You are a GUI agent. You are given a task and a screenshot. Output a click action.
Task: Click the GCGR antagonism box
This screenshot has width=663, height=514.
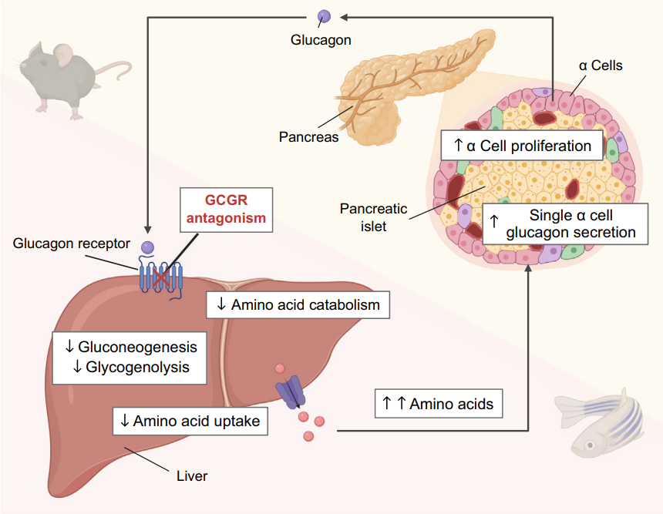tap(226, 208)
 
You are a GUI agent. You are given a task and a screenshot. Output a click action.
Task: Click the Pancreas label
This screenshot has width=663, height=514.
tap(308, 137)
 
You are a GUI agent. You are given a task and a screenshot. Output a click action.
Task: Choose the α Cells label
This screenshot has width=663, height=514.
tap(601, 66)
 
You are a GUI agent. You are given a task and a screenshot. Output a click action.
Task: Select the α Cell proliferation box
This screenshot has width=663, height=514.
tap(522, 146)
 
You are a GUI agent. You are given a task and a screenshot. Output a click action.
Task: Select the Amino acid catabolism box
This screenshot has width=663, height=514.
tap(298, 304)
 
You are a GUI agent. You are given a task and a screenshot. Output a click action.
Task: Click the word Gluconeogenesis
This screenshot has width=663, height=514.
tap(137, 348)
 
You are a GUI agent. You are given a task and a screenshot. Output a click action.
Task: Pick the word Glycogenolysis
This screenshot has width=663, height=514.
tap(137, 367)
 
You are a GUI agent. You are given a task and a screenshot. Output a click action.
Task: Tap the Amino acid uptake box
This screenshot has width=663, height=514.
tap(190, 421)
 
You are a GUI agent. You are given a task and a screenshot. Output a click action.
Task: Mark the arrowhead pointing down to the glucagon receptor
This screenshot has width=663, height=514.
tap(147, 230)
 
